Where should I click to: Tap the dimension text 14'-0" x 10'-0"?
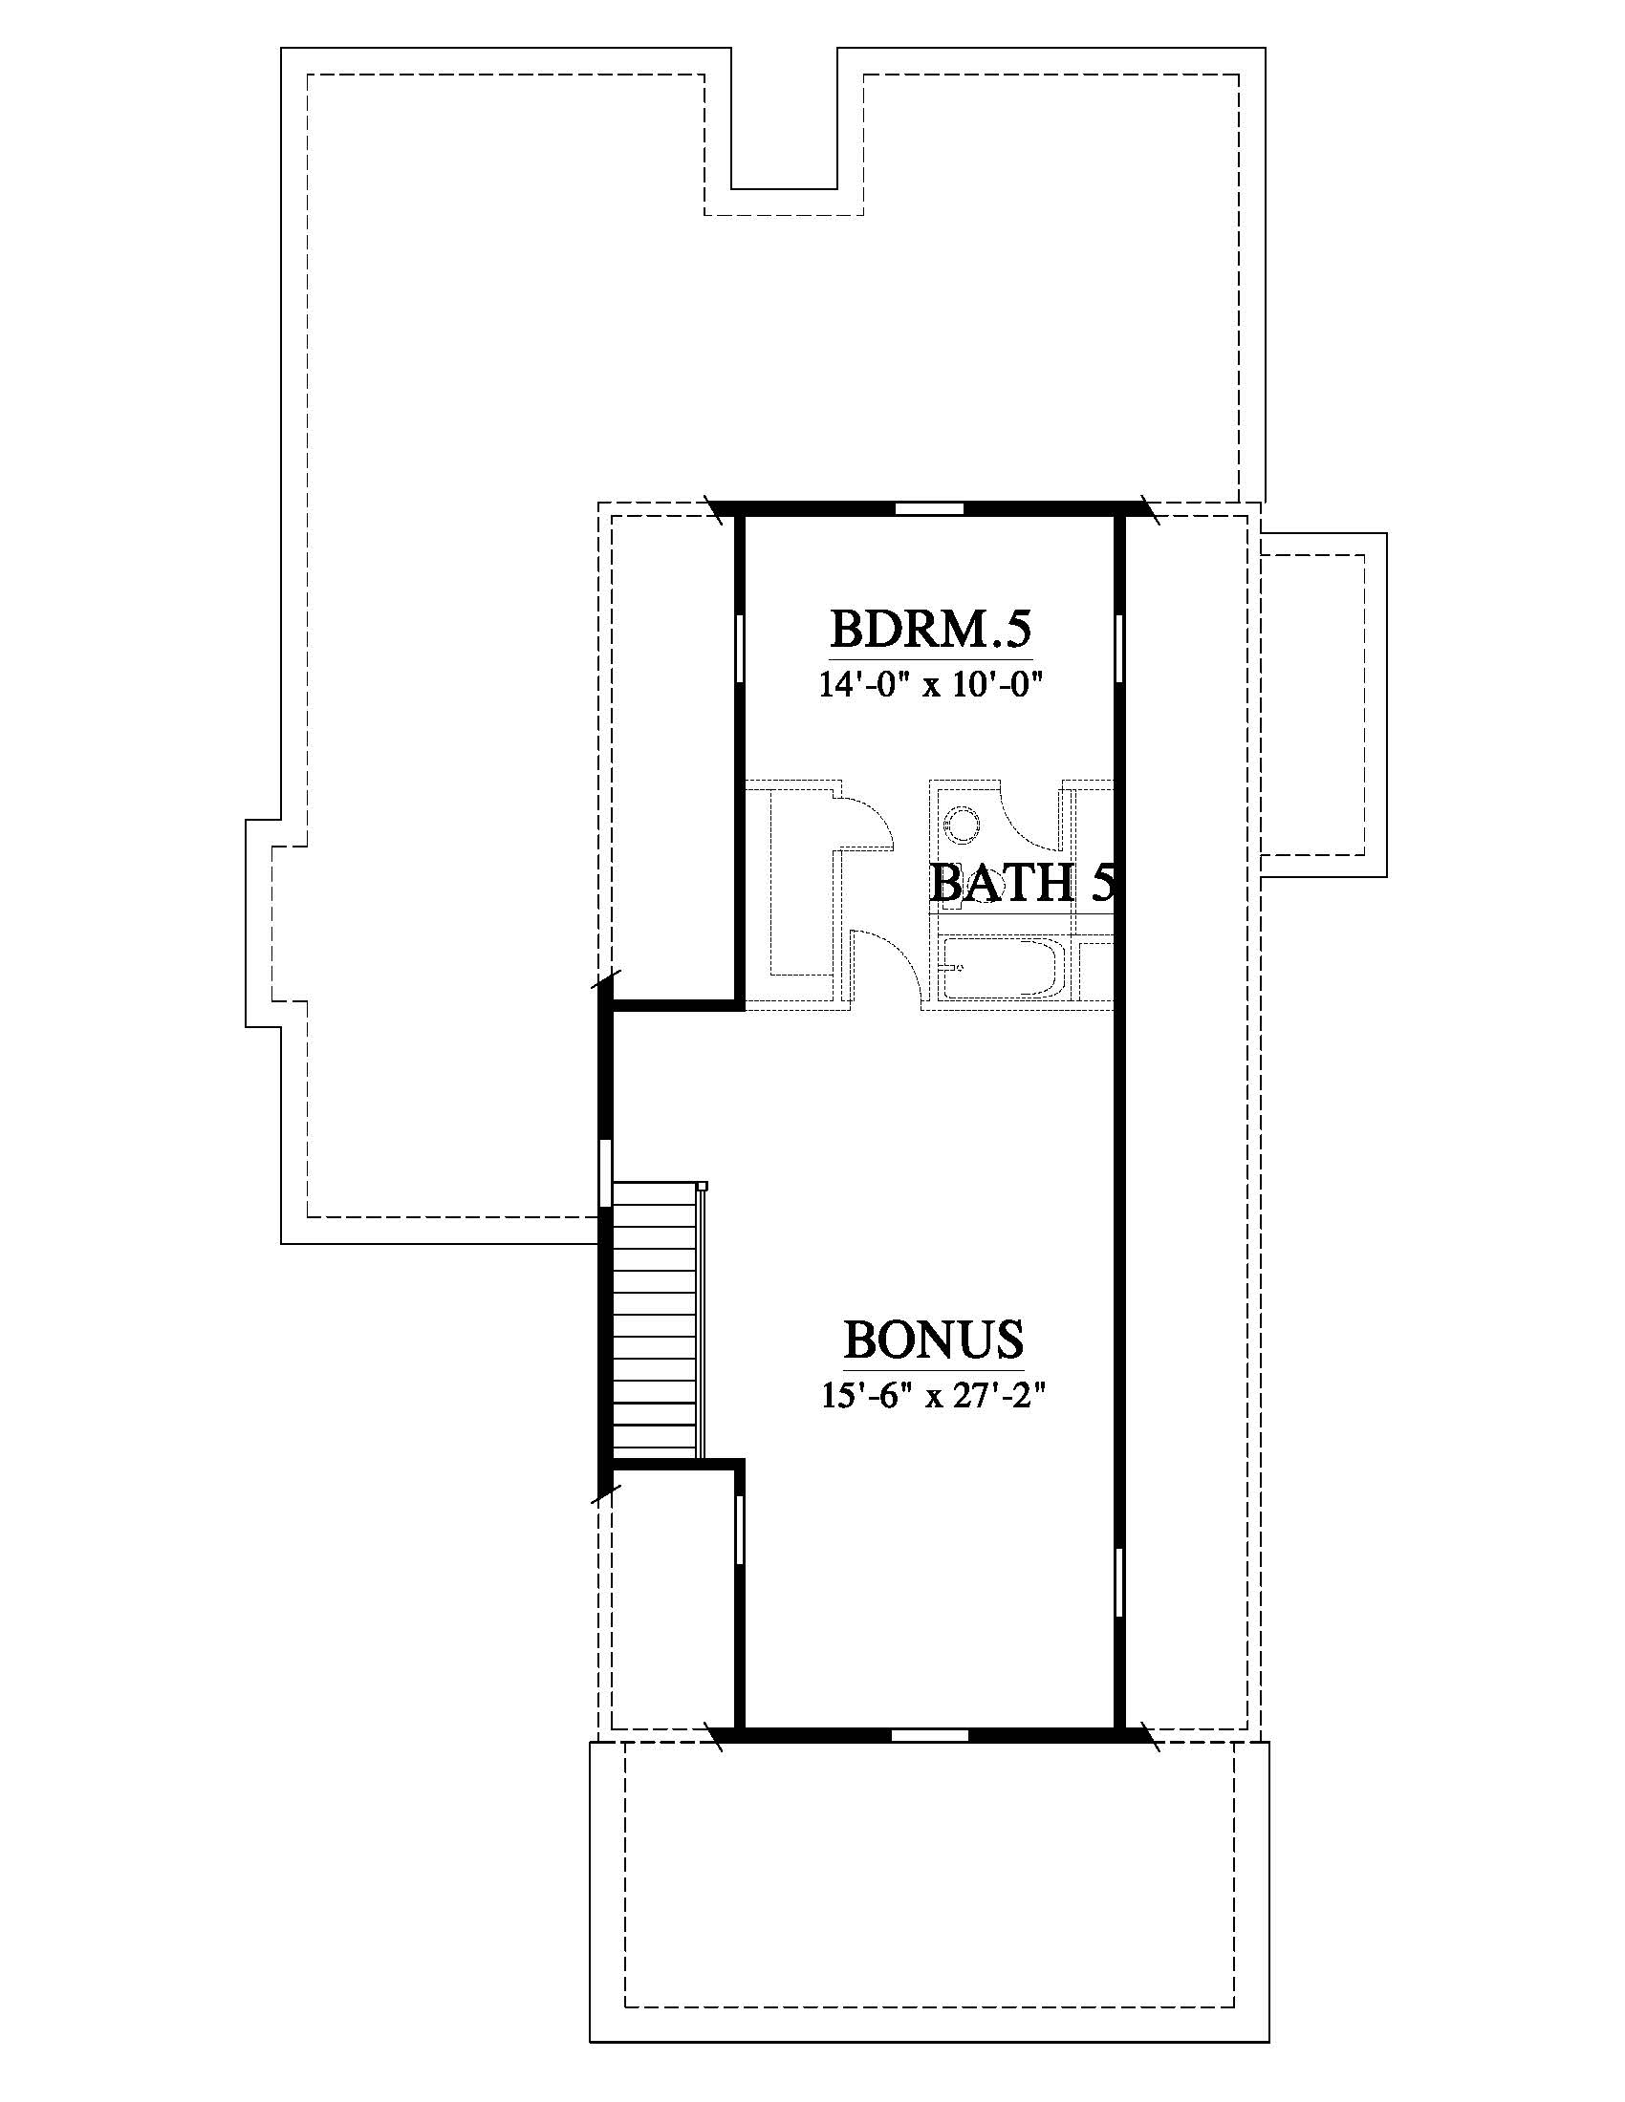[x=931, y=685]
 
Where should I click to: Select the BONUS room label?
[x=933, y=1339]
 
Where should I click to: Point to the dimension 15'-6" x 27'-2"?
[x=933, y=1396]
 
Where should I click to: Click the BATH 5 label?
[x=1023, y=882]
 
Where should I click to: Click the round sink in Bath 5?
[x=962, y=824]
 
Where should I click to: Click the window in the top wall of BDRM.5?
[x=929, y=508]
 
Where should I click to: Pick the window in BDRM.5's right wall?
[x=1119, y=650]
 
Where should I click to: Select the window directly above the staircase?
[x=605, y=1173]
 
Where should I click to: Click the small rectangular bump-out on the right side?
[x=1324, y=704]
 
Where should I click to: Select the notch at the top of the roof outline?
[x=784, y=131]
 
